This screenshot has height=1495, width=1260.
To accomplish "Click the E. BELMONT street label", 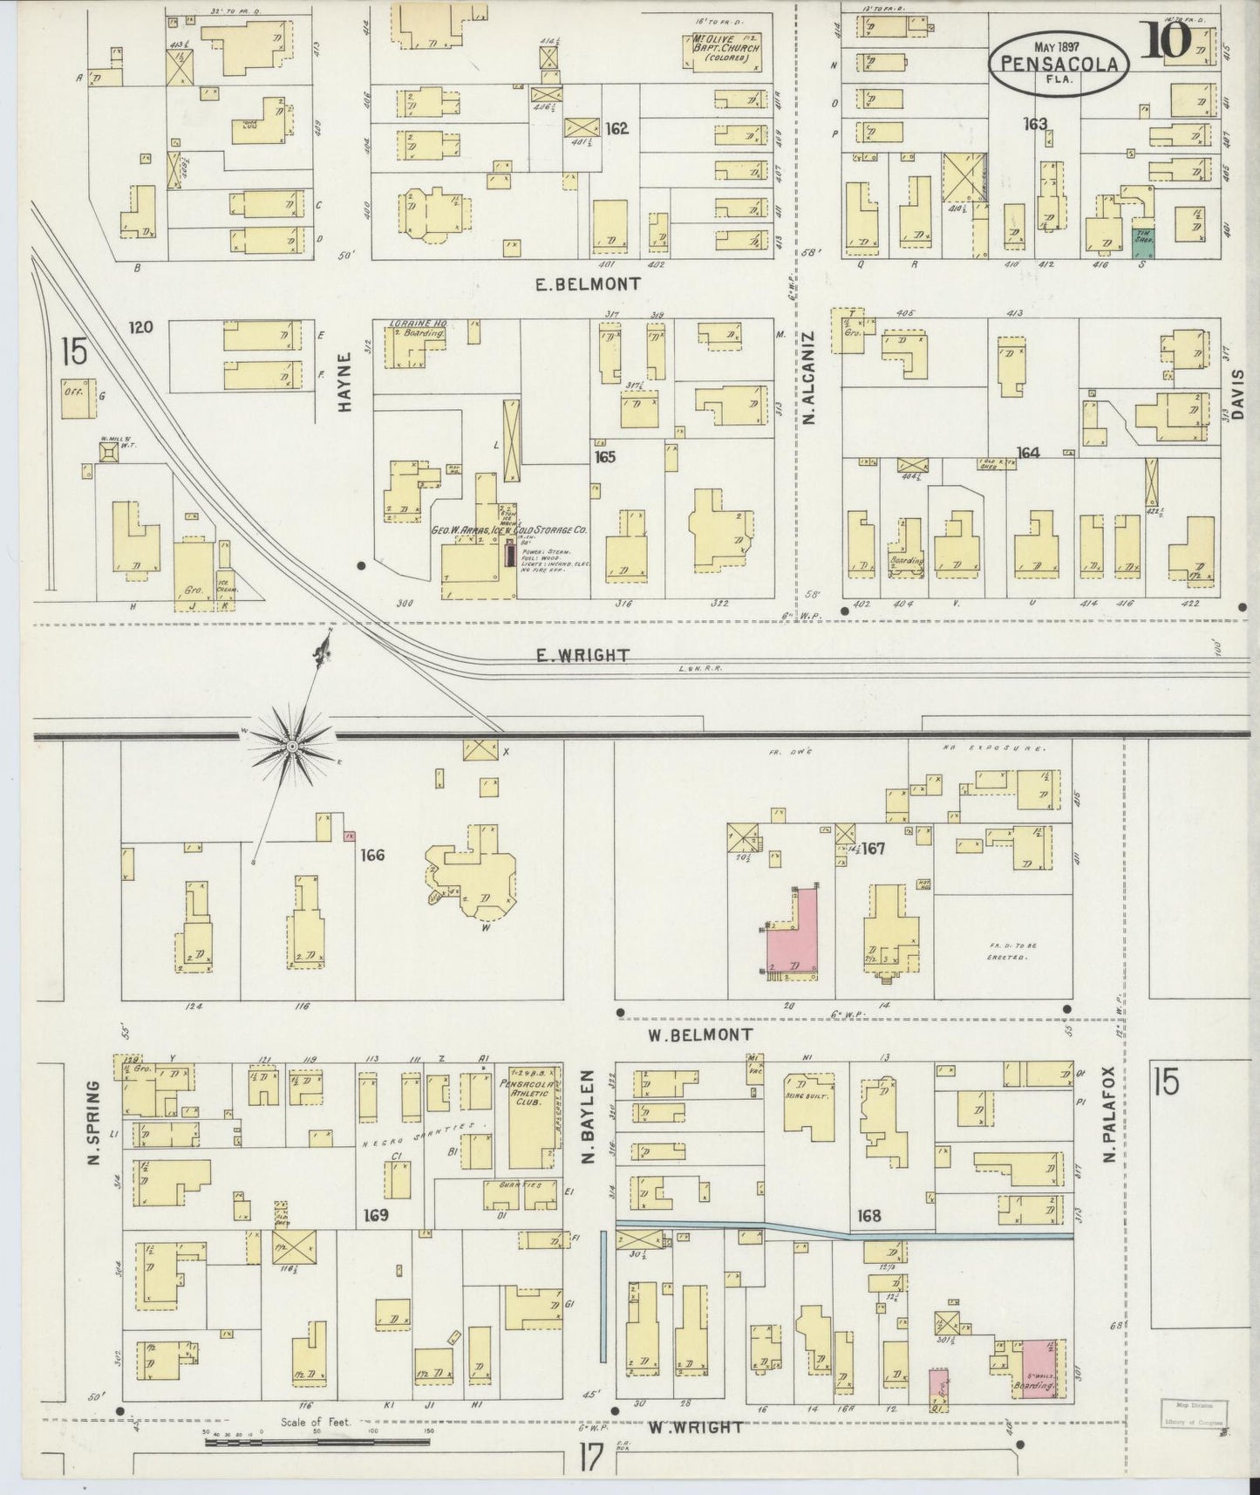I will click(x=588, y=283).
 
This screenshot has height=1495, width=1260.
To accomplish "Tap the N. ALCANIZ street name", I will click(x=808, y=377).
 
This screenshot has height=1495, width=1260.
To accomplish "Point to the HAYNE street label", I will click(x=344, y=381).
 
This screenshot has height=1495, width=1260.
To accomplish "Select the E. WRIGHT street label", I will click(x=582, y=655).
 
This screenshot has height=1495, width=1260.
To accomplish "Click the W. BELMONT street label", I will click(x=699, y=1034).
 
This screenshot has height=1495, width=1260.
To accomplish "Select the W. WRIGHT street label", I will click(x=696, y=1428).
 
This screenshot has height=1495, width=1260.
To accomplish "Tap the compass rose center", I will click(x=291, y=747).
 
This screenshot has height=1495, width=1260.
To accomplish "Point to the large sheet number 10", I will click(x=1164, y=41).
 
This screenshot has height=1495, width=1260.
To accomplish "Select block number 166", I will click(x=372, y=856).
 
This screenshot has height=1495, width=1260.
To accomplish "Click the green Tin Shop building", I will click(x=1142, y=242).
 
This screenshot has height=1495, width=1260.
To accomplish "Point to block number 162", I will click(x=616, y=129).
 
